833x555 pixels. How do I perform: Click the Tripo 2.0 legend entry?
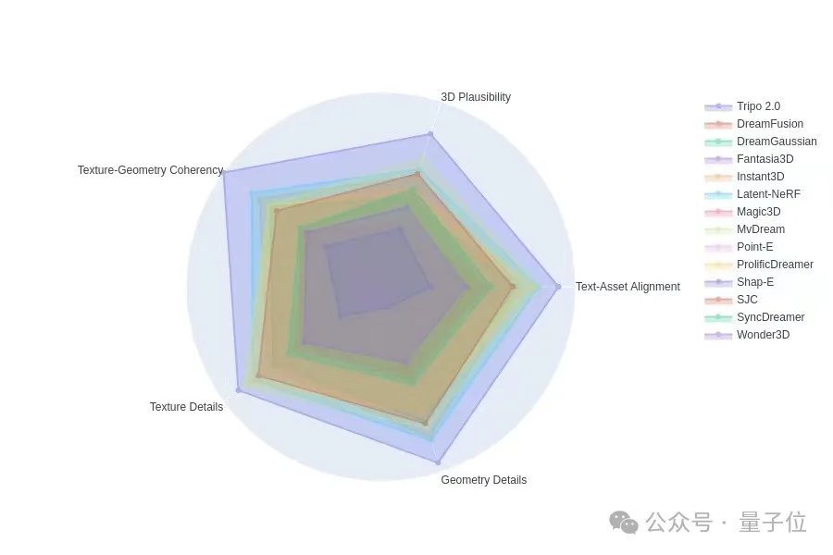click(758, 106)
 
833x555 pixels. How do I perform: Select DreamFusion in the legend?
click(769, 124)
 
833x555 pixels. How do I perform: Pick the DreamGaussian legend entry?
click(776, 142)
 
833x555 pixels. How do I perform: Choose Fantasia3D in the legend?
click(765, 159)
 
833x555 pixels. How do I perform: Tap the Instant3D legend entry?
click(760, 177)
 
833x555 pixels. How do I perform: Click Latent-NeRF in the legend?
click(768, 194)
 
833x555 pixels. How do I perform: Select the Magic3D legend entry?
click(758, 212)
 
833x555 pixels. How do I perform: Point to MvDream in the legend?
click(760, 229)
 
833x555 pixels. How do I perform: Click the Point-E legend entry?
click(754, 247)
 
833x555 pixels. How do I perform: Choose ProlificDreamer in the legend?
click(775, 265)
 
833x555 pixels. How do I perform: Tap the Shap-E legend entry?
click(755, 282)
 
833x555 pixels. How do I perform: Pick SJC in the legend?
click(747, 300)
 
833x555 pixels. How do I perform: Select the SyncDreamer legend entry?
click(770, 317)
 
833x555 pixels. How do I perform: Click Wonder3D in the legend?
click(763, 335)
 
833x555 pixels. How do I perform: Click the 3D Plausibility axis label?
click(475, 97)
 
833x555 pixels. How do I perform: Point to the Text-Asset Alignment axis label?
click(628, 287)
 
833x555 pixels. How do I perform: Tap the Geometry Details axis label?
click(483, 480)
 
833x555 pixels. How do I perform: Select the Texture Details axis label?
click(186, 407)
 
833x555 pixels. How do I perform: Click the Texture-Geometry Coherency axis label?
click(150, 170)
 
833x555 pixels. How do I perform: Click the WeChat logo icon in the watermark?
click(623, 523)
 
